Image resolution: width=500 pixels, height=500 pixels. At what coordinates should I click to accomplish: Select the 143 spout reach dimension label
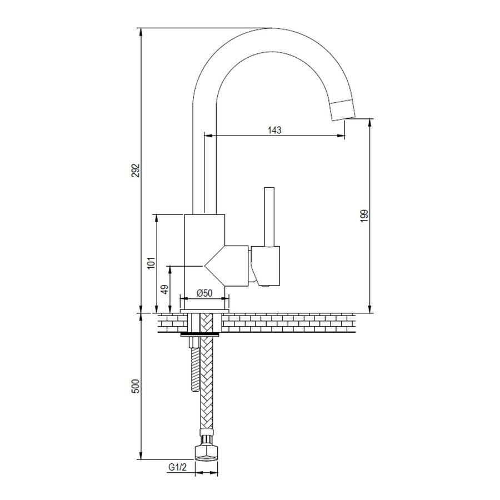point(274,130)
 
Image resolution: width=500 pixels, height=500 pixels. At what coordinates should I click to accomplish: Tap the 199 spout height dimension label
point(364,216)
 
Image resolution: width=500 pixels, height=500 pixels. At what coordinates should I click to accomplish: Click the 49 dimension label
point(165,289)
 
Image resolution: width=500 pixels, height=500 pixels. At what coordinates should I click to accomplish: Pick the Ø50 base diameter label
point(204,293)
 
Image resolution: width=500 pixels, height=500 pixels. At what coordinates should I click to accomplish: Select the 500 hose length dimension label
point(136,387)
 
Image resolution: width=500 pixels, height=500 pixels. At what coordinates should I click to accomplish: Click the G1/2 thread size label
point(177,467)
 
